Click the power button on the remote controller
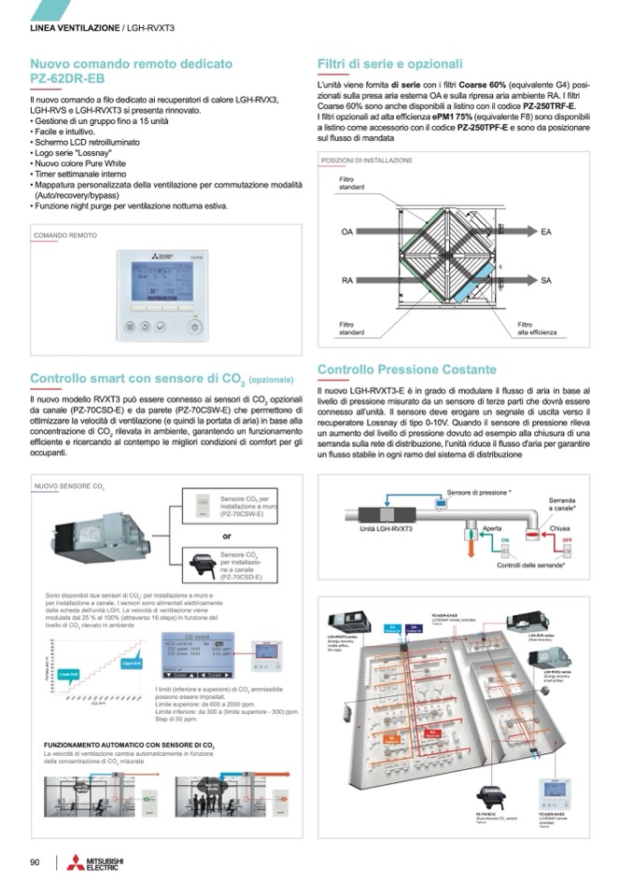tap(192, 327)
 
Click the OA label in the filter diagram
tap(346, 231)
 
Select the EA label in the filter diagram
tap(547, 231)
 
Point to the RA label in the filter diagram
tap(346, 280)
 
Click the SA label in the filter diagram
tap(547, 280)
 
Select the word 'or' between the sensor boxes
tap(227, 536)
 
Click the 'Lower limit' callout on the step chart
tap(67, 674)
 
